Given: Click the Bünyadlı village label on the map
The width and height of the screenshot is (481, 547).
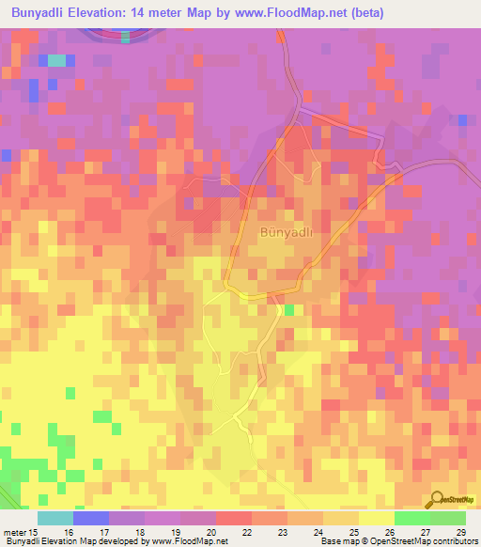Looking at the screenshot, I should point(285,230).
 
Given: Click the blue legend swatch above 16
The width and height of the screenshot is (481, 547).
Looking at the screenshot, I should point(90,518).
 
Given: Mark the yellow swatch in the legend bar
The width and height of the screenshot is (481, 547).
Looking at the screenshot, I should point(376,518).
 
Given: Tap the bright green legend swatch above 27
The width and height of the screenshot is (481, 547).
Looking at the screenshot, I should point(411,518).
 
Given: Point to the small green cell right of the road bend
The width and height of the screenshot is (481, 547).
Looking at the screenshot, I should point(290,309).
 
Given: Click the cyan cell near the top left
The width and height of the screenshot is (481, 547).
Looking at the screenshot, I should point(57,60).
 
